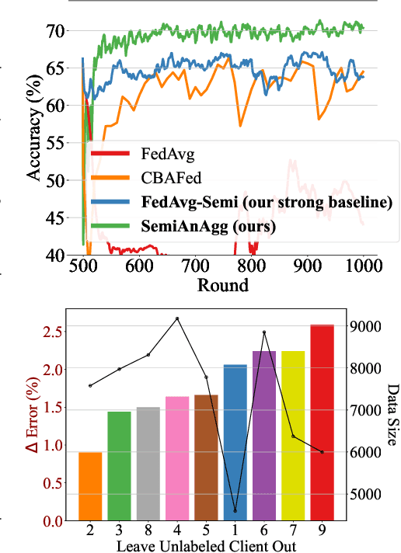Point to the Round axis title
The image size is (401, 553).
coord(223,284)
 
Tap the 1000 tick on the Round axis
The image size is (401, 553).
coord(363,266)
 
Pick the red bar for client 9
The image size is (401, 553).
coord(322,423)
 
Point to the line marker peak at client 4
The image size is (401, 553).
coord(177,318)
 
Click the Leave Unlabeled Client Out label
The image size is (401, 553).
coord(205,545)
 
